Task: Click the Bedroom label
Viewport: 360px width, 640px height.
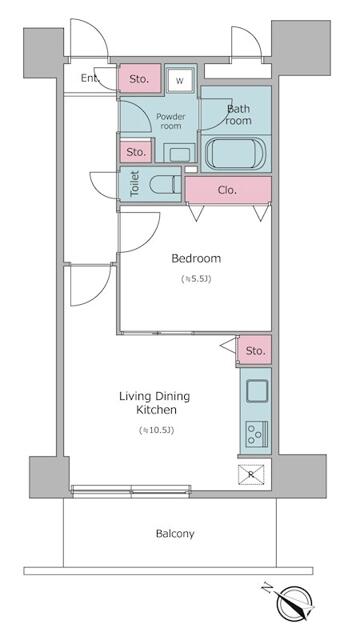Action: tap(196, 258)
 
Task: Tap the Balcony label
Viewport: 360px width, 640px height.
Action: tap(175, 533)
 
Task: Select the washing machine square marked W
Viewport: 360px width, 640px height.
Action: tap(180, 80)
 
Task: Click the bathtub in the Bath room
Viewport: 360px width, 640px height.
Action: tap(236, 153)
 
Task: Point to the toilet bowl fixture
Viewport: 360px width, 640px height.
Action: tap(164, 184)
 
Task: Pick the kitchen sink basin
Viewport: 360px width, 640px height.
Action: tap(257, 390)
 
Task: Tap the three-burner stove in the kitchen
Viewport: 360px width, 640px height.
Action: tap(257, 434)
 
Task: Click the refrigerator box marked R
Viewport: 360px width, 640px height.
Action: tap(251, 475)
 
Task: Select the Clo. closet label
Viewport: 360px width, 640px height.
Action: tap(227, 190)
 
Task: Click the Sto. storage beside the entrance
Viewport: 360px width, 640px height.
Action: tap(139, 79)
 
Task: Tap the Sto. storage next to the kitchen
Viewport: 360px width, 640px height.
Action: tap(255, 350)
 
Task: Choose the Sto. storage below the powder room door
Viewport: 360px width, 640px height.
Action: tap(136, 151)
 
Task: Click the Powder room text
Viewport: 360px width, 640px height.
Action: tap(171, 121)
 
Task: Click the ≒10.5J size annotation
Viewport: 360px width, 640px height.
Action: tap(157, 430)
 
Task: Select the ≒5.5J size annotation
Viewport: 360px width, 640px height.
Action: tap(196, 279)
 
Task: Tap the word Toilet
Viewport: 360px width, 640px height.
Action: tap(135, 184)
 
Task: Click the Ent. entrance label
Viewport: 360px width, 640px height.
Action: tap(90, 78)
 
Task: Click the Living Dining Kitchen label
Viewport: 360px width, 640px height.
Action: tap(155, 403)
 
